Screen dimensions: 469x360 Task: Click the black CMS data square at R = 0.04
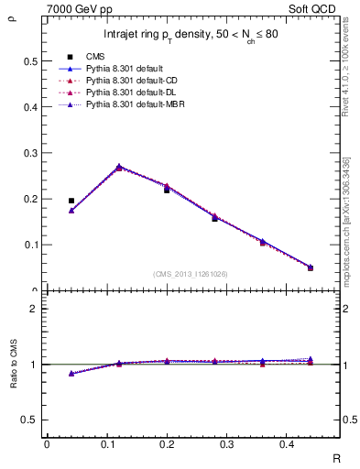point(71,201)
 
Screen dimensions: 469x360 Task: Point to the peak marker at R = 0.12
point(119,167)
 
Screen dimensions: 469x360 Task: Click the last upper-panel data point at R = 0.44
point(311,267)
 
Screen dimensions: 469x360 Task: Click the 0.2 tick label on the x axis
point(167,444)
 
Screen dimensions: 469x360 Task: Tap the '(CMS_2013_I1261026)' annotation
point(191,273)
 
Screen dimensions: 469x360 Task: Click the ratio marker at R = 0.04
point(71,373)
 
